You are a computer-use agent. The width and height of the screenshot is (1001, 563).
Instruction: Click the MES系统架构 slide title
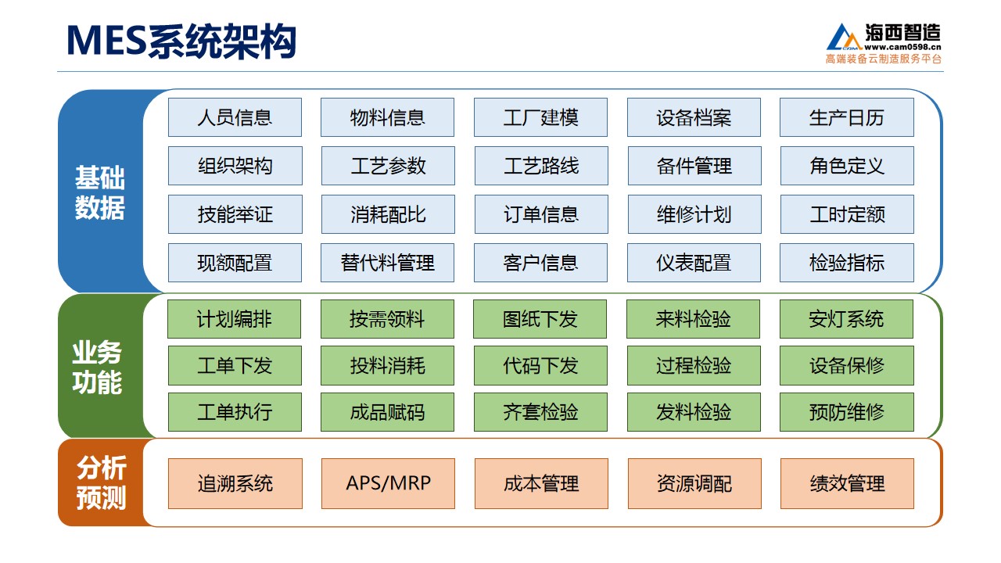(x=181, y=41)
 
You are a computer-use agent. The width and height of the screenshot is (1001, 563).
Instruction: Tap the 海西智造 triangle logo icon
(x=844, y=38)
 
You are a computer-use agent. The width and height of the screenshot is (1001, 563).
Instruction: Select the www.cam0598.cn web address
(x=902, y=47)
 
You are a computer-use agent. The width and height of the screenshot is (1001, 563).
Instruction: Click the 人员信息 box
(x=235, y=117)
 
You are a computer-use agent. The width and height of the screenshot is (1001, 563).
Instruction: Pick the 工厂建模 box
(x=540, y=117)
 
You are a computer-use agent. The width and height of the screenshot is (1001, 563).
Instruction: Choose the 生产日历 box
(x=847, y=117)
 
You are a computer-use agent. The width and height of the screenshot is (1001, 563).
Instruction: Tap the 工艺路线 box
(x=541, y=166)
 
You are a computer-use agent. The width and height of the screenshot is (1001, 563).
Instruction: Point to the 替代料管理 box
(x=387, y=263)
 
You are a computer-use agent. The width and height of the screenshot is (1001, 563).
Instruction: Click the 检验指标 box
(x=847, y=263)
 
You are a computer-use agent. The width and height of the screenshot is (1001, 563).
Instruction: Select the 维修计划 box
(x=694, y=214)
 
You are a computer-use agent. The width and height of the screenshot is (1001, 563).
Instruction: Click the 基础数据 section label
(x=99, y=192)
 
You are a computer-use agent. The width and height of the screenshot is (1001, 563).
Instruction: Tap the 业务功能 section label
(x=97, y=368)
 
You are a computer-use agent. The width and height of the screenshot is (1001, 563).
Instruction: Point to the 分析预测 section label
(x=101, y=482)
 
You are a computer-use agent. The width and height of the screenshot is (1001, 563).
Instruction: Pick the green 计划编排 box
(x=234, y=319)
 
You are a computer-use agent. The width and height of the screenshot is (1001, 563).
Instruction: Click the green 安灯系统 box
(x=846, y=319)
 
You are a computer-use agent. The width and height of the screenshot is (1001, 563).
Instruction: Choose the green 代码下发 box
(x=540, y=365)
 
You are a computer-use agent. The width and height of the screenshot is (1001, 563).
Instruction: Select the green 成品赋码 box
(x=387, y=412)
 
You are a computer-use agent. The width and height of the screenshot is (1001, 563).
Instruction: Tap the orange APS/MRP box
(x=389, y=483)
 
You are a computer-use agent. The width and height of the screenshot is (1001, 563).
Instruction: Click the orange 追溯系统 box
(x=235, y=483)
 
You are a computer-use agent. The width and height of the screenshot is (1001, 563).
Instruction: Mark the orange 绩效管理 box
(x=847, y=483)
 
